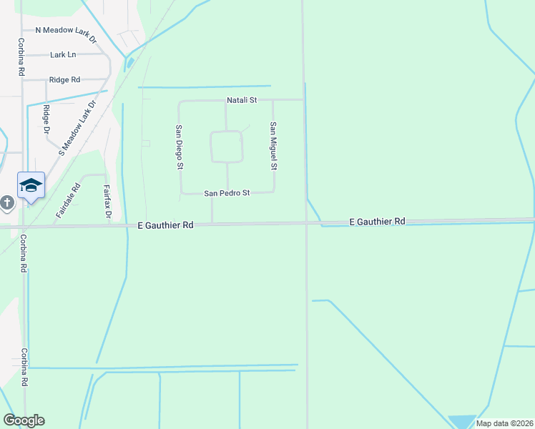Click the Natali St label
point(242,101)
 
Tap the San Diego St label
point(180,147)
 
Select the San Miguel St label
point(273,145)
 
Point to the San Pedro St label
point(227,193)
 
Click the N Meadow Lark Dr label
point(66,31)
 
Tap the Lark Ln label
point(63,55)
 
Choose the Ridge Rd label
point(64,80)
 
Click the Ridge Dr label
point(46,119)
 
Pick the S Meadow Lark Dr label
point(78,128)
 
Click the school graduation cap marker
point(31,186)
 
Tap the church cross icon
point(7,204)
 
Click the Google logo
point(24,420)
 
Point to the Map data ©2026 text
point(504,423)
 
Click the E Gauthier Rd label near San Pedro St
point(165,225)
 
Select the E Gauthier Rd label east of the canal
point(378,222)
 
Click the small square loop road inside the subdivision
point(227,147)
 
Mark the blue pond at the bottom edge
point(462,422)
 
